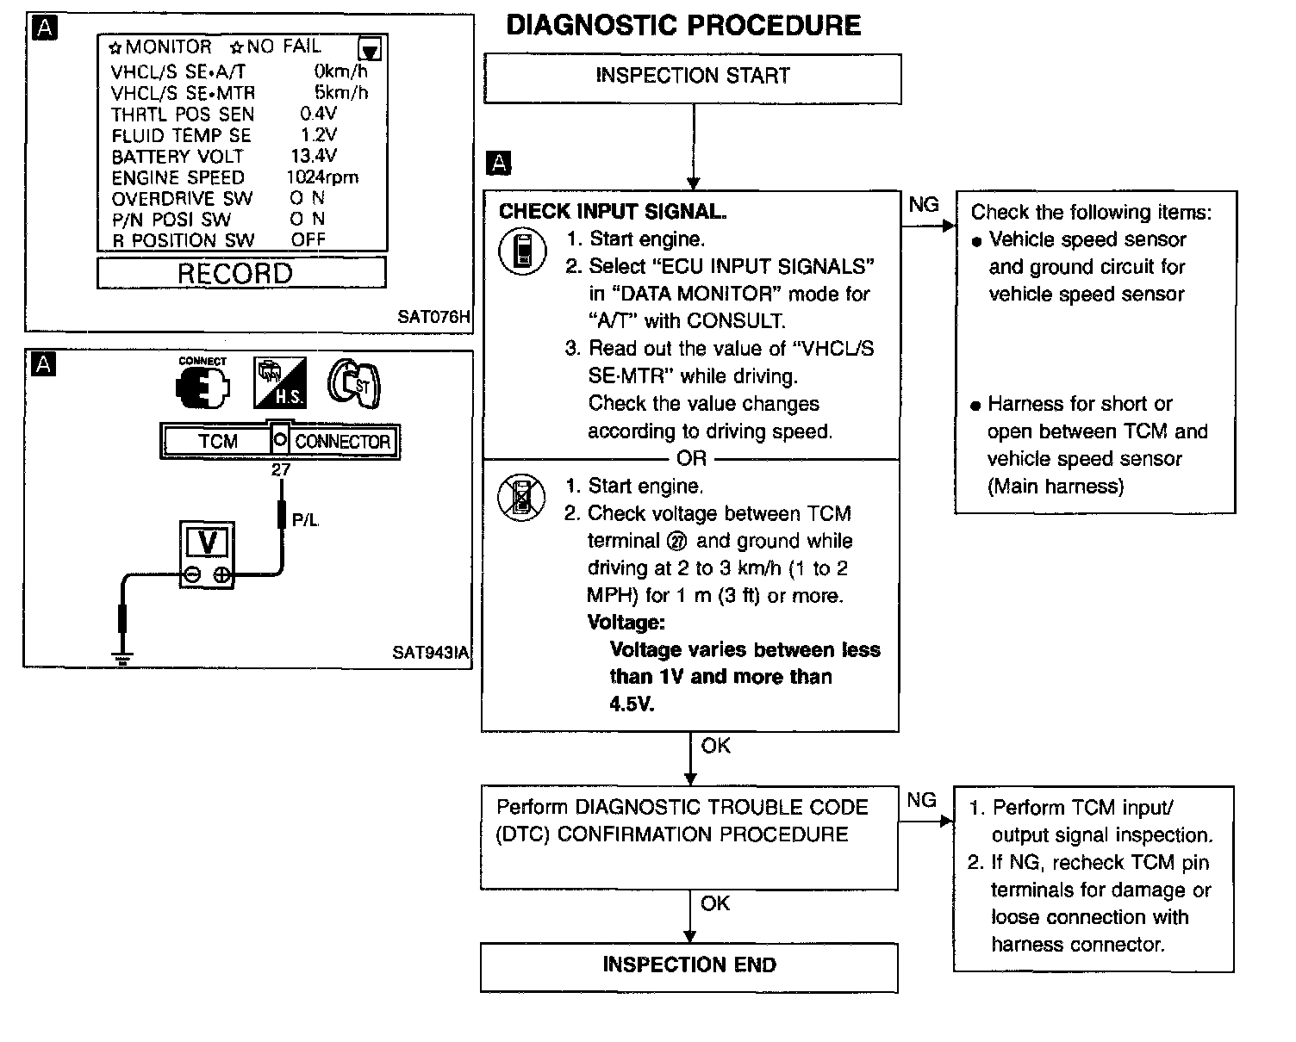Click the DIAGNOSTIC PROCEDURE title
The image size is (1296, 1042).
683,26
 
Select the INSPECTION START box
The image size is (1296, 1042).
693,78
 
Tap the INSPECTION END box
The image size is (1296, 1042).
689,965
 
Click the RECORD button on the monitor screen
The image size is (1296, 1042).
235,273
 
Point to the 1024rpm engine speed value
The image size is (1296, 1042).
321,177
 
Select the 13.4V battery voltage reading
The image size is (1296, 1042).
314,156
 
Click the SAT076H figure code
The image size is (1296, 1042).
433,316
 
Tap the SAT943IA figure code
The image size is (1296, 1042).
430,652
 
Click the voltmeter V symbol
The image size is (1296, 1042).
207,543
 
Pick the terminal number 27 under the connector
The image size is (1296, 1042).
281,470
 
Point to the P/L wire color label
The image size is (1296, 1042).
306,519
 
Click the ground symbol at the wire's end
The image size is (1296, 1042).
123,660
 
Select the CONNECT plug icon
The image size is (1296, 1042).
202,384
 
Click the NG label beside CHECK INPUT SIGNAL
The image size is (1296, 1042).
924,205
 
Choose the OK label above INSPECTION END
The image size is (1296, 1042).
715,903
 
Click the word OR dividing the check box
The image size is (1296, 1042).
691,459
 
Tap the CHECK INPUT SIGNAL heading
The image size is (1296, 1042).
613,212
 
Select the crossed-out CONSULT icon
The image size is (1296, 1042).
522,498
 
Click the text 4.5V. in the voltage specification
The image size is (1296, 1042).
632,704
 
